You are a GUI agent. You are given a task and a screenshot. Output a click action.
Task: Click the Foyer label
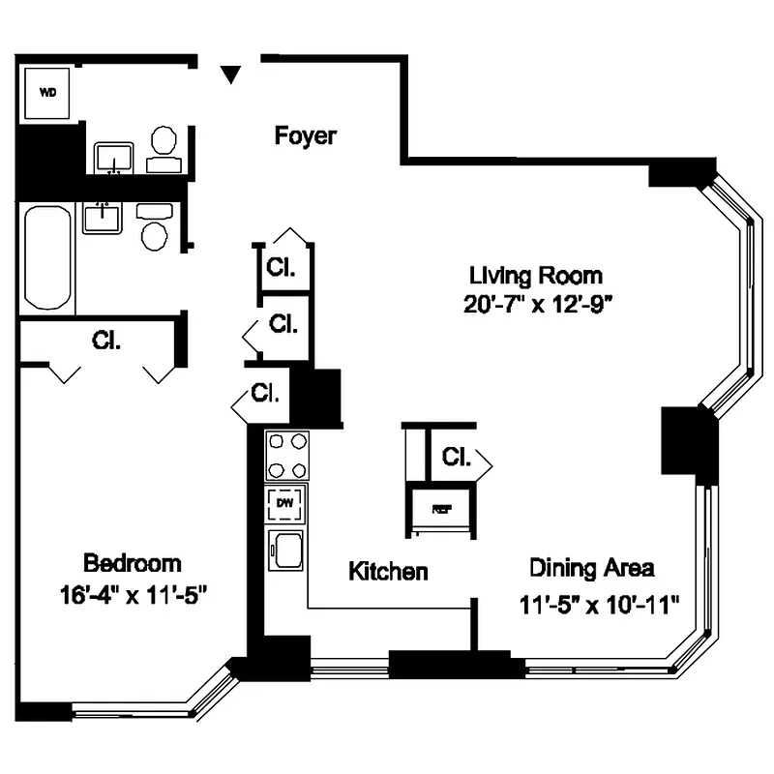tap(306, 135)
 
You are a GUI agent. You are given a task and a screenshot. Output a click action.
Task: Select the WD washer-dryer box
tap(47, 93)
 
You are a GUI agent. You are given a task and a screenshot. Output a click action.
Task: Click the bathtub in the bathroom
tap(47, 258)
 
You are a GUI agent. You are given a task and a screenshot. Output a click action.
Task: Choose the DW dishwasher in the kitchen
tap(285, 503)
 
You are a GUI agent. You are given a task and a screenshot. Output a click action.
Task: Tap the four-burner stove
tap(286, 455)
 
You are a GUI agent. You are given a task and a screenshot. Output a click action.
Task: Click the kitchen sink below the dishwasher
tap(286, 552)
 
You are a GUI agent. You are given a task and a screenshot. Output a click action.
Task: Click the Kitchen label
tap(388, 572)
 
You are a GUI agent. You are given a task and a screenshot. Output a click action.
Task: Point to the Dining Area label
tap(591, 567)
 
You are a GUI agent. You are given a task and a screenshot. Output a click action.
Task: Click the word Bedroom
tap(133, 563)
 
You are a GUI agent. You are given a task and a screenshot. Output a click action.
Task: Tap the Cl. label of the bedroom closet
tap(106, 341)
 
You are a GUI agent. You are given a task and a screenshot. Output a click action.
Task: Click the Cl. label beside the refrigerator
tap(457, 457)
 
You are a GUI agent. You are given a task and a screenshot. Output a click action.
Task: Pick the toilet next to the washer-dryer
tap(164, 145)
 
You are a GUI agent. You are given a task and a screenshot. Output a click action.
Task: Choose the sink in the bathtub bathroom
tap(102, 218)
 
